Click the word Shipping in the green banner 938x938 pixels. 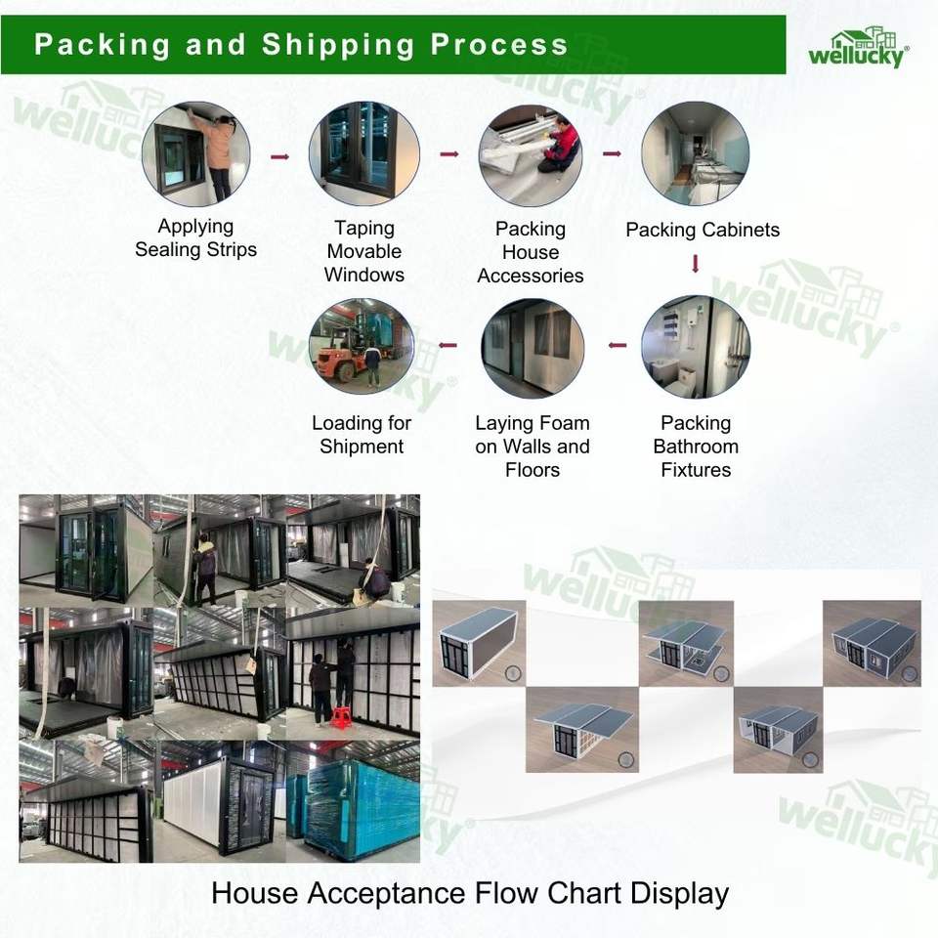338,46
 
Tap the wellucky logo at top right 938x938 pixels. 859,47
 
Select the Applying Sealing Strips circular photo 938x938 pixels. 196,154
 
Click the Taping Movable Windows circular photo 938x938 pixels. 364,153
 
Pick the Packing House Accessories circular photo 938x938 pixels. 531,155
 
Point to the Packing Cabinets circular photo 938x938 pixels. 695,153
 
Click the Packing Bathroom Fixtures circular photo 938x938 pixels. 696,347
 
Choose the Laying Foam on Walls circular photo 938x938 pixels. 533,348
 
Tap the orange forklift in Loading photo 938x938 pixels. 339,358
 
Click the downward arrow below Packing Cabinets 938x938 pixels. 695,263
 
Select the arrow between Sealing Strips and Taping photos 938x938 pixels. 280,156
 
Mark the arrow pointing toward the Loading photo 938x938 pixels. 448,345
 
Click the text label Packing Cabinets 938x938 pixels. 703,230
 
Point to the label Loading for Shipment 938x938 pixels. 362,434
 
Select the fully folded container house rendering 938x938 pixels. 479,643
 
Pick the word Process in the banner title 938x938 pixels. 499,45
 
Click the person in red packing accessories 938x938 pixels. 561,147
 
